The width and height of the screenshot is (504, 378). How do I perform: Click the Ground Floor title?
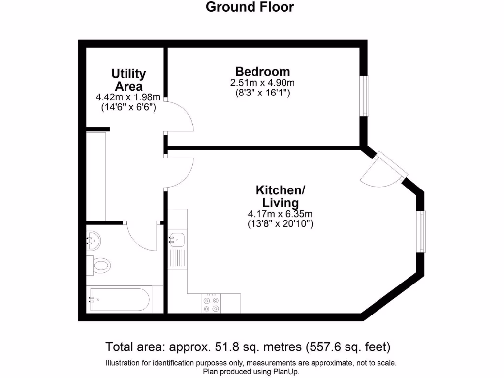(x=250, y=7)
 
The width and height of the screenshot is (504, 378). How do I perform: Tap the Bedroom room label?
(x=262, y=71)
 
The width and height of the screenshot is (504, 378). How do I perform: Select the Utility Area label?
(x=128, y=80)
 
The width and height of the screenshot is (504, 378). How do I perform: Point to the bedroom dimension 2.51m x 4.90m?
(x=262, y=82)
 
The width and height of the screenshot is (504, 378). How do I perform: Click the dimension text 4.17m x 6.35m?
(x=280, y=214)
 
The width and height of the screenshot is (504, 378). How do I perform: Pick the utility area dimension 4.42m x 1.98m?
(x=128, y=97)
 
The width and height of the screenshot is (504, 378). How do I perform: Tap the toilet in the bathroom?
(x=100, y=266)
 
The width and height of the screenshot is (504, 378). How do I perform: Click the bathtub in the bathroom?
(x=119, y=298)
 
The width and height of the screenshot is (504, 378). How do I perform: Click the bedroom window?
(x=364, y=96)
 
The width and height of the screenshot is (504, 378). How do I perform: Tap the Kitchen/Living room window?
(x=421, y=231)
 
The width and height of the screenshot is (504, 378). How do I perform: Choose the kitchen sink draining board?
(x=177, y=257)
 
